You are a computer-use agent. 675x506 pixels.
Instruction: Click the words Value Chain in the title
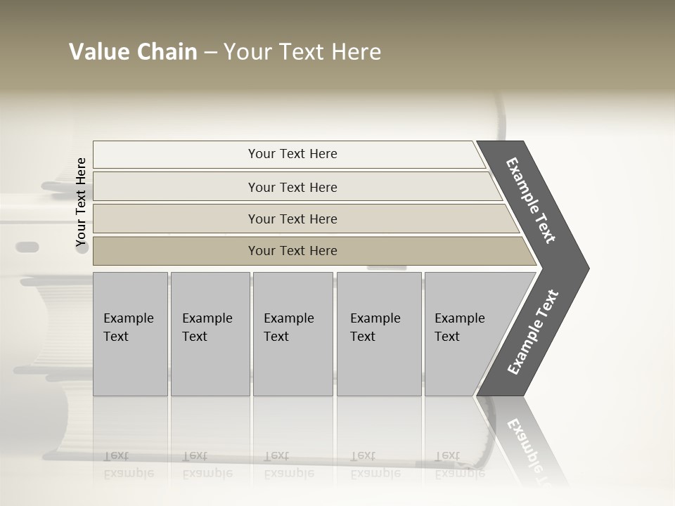pos(133,52)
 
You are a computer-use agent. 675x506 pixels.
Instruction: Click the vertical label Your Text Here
pos(81,202)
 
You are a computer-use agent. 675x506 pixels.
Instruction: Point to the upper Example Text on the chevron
pos(531,200)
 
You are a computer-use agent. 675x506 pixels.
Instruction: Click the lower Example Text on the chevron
pos(533,332)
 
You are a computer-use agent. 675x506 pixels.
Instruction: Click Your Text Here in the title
pos(302,52)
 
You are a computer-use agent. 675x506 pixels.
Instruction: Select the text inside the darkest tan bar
pos(292,251)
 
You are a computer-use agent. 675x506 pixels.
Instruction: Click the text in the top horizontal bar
pos(292,154)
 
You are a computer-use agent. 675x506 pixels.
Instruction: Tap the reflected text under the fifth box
pos(459,465)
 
